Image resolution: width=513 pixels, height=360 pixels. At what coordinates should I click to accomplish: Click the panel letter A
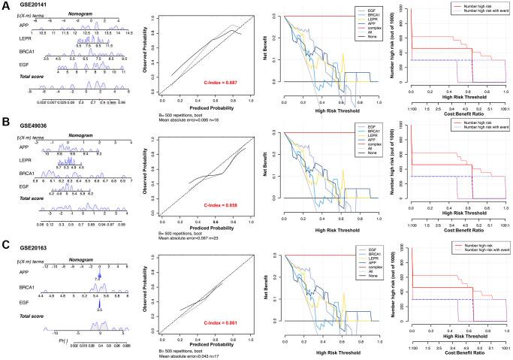[x=6, y=6]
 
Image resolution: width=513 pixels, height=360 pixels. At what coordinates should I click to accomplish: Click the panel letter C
[x=6, y=245]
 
